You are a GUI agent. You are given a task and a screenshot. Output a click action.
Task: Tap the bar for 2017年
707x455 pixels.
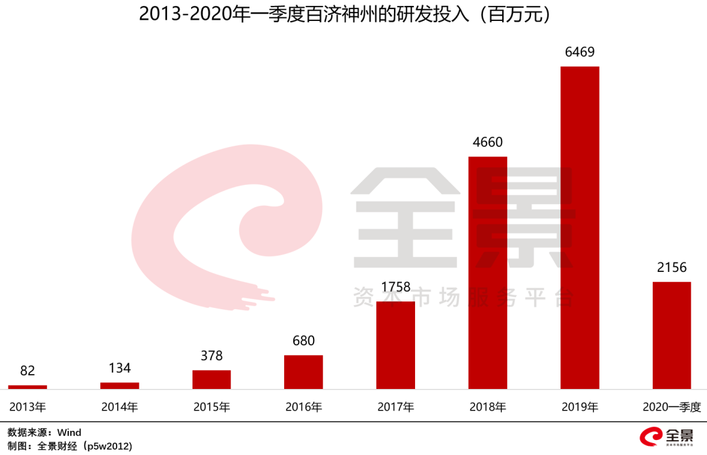tap(395, 345)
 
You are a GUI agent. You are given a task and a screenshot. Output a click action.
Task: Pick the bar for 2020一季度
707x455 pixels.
tap(672, 335)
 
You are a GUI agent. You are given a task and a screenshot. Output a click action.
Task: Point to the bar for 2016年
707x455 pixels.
tap(303, 372)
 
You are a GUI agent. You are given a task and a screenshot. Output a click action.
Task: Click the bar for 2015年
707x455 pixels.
tap(211, 380)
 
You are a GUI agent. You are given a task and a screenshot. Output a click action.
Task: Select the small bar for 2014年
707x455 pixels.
tap(119, 386)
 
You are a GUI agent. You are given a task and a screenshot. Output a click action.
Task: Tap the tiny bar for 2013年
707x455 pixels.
tap(27, 387)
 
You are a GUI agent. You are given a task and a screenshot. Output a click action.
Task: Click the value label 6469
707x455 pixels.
tap(580, 52)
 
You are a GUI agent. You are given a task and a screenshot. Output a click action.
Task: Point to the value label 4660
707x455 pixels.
tap(488, 142)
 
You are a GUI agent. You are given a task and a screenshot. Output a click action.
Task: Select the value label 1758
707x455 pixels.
tap(395, 287)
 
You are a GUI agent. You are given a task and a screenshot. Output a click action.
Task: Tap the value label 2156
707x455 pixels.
tap(672, 267)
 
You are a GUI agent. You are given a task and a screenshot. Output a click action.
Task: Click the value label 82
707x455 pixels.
tap(27, 371)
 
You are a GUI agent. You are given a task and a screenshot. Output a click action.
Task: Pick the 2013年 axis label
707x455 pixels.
tap(27, 407)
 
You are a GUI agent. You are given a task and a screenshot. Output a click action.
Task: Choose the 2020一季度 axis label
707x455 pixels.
tap(672, 407)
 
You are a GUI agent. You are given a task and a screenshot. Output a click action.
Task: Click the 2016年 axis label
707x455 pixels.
tap(303, 407)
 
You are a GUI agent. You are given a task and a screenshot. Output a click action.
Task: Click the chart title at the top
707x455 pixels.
tap(353, 14)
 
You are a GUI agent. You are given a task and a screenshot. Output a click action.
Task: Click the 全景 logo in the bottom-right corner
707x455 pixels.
tap(668, 436)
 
